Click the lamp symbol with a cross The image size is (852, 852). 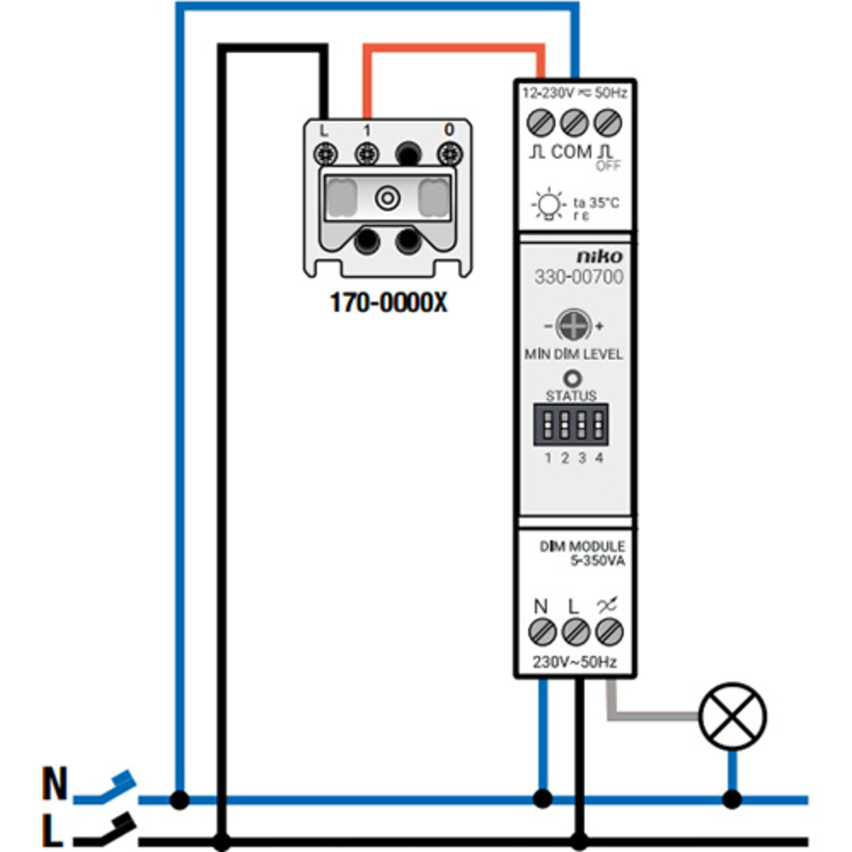point(732,716)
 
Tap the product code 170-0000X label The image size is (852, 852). point(389,303)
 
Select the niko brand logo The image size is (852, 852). point(599,257)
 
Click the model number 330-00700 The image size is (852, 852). point(578,277)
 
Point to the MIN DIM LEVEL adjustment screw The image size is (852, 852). point(573,325)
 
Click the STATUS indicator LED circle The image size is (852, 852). point(572,378)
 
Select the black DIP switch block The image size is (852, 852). point(571,424)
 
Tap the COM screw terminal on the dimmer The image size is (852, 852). point(574,123)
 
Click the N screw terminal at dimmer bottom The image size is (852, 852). point(542,632)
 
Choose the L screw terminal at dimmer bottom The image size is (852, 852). point(575,632)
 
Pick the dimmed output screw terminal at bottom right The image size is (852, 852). point(609,632)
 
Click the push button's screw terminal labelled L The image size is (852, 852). point(325,154)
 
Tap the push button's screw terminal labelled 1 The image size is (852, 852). point(367,154)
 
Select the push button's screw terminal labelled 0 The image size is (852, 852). point(449,154)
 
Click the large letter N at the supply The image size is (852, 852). point(55,784)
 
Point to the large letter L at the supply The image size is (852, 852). point(52,830)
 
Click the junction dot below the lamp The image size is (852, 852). point(732,800)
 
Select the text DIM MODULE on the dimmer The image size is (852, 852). point(582,546)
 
